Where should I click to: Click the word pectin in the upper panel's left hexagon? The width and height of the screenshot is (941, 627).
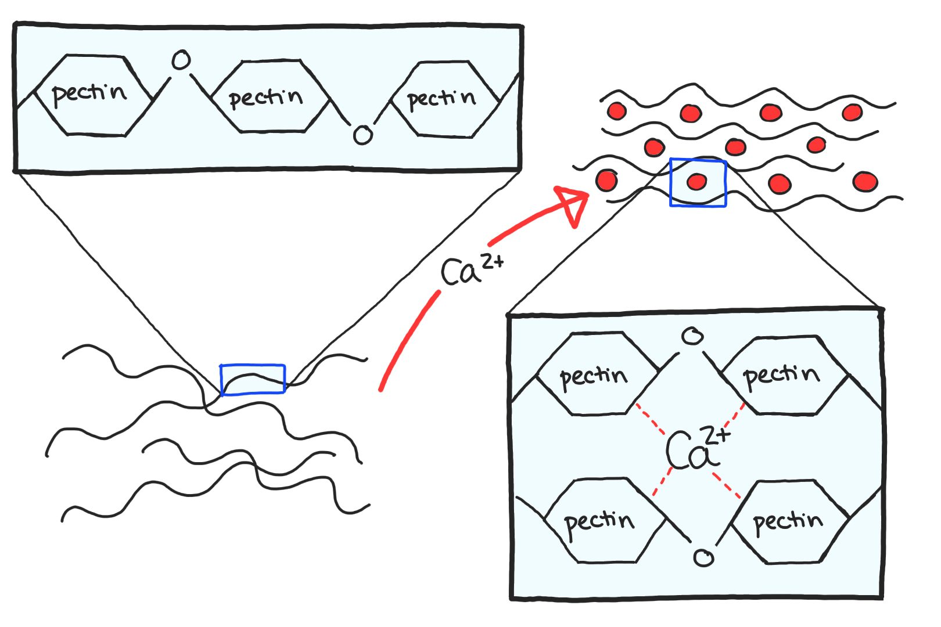89,93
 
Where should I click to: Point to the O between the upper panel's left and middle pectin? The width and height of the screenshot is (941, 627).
181,60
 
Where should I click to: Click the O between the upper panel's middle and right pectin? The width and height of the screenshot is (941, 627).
362,135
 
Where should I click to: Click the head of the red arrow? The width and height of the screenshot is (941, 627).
572,204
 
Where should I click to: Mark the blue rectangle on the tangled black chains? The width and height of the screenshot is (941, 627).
253,380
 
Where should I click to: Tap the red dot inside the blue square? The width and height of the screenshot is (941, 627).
696,182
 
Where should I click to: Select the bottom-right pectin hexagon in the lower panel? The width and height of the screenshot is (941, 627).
789,521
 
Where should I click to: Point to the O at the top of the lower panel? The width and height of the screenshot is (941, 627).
692,336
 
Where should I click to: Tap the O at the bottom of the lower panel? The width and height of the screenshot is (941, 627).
703,558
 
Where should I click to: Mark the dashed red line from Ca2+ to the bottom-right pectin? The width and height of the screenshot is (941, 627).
726,485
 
